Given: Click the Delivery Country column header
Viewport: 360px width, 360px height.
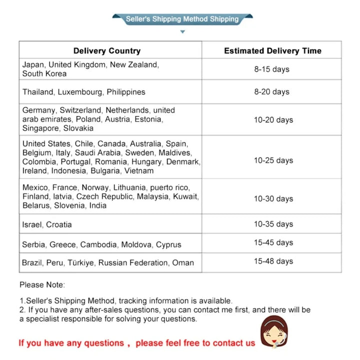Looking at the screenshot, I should pos(107,50).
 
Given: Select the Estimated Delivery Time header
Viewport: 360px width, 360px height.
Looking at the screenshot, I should pos(272,50).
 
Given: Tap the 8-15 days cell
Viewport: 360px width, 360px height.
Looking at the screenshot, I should pos(271,69).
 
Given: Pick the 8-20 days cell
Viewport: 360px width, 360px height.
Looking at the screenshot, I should pos(271,91).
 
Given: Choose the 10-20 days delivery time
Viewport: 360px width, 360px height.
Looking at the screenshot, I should pos(273,119).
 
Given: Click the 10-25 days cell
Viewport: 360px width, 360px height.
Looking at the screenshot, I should pos(273,160).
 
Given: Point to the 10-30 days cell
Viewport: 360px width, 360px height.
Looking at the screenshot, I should pos(273,198).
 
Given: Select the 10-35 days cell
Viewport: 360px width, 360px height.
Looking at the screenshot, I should pos(273,224).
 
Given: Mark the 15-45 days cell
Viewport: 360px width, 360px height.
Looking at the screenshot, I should pos(273,242).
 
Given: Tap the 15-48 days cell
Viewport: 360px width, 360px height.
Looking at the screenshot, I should pos(273,261).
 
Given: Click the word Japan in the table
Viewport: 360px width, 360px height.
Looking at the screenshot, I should pos(33,64).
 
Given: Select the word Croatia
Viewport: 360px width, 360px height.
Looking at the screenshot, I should pos(59,224).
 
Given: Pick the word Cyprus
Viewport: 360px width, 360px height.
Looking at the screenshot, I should pos(168,244).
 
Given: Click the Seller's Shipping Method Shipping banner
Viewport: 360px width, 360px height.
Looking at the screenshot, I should pos(182,19).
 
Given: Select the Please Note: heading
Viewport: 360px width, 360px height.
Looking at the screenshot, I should pos(42,284).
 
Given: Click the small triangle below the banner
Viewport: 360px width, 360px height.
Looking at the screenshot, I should pos(182,32).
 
